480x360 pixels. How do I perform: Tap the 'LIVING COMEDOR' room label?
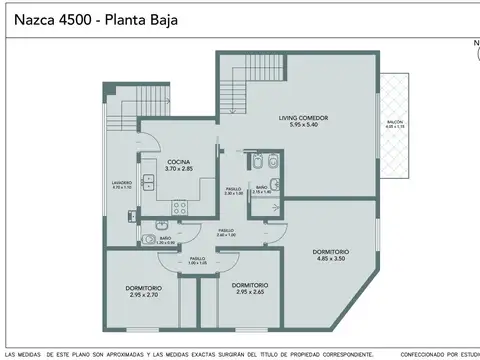[x=303, y=118]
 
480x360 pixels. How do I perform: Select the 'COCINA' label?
[x=179, y=162]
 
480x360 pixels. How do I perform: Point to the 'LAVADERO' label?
[x=122, y=182]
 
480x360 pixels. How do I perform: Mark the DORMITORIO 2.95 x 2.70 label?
[x=144, y=290]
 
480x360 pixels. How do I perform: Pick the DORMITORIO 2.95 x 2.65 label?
[x=249, y=286]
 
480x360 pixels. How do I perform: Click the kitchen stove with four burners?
[x=181, y=208]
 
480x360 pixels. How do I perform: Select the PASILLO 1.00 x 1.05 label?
[x=197, y=259]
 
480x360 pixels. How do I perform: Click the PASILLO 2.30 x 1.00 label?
[x=233, y=189]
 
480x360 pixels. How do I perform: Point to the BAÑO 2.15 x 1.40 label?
[x=261, y=188]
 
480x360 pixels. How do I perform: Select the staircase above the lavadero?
[x=122, y=125]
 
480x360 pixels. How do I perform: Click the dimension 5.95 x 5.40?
[x=303, y=124]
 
